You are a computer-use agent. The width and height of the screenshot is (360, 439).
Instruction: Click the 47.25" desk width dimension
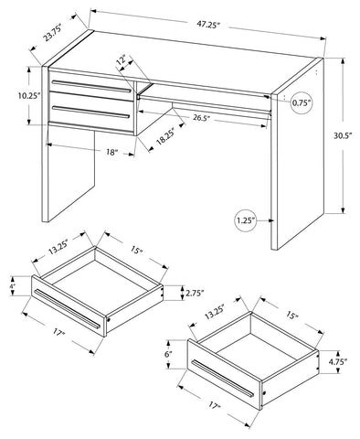point(208,25)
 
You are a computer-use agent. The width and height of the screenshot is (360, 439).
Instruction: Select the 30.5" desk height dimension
point(343,135)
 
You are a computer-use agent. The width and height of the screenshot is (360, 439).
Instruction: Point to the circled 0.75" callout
point(302,102)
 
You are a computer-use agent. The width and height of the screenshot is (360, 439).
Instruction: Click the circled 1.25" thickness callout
point(246,220)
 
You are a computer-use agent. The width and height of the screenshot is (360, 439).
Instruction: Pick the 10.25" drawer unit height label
point(29,96)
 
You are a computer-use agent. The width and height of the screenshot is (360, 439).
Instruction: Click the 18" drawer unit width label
point(112,152)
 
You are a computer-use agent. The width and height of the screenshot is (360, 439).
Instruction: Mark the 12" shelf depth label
point(121,59)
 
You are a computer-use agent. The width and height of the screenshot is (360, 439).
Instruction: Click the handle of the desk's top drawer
point(91,86)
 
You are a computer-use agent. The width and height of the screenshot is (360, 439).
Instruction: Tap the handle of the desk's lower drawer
point(91,112)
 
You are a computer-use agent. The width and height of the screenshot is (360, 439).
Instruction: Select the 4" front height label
point(13,287)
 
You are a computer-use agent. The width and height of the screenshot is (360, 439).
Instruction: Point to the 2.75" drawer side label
point(195,294)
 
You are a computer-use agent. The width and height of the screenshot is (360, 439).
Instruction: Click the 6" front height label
point(169,355)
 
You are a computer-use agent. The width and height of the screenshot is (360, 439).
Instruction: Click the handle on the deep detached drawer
point(223,378)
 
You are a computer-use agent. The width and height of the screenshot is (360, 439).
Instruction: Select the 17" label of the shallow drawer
point(58,332)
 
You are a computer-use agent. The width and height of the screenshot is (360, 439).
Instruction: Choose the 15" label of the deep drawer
point(291,316)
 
